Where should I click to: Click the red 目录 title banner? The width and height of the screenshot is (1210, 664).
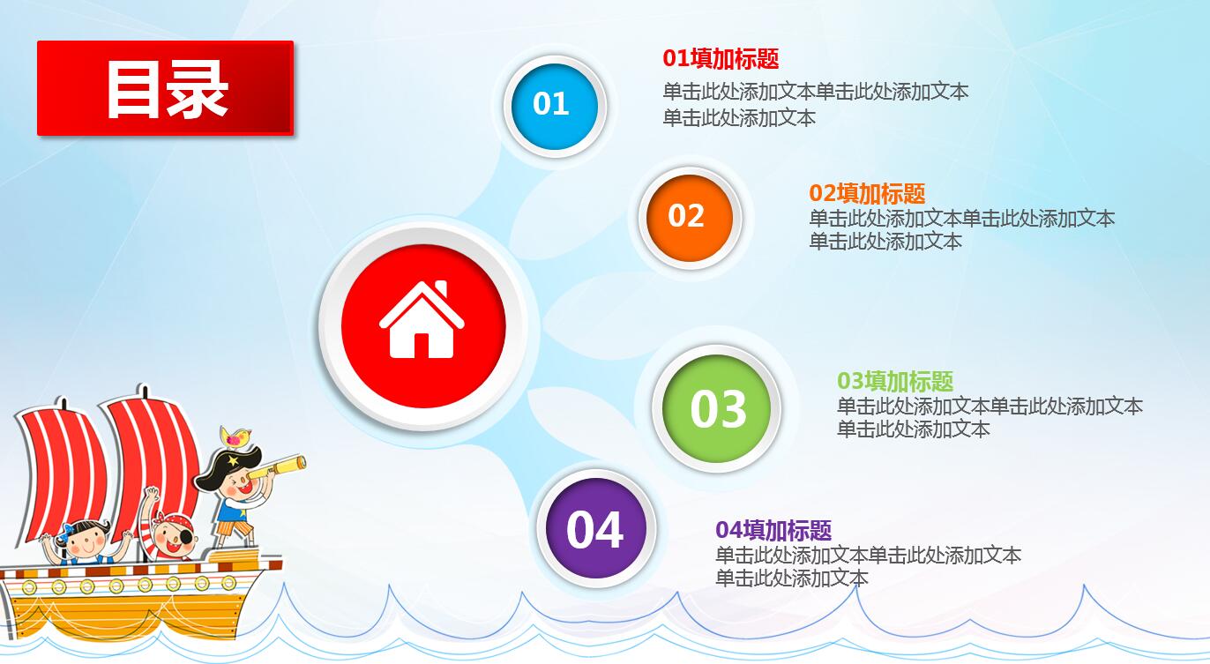(165, 88)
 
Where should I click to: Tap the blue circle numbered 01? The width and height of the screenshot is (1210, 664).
(551, 104)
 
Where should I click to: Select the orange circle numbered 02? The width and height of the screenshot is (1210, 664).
(687, 216)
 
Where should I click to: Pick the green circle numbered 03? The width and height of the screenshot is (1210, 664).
(717, 408)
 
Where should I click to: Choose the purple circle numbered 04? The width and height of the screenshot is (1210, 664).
(595, 529)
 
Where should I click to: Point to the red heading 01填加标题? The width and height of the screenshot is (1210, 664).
(721, 59)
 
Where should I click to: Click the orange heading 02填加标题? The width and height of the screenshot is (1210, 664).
(867, 193)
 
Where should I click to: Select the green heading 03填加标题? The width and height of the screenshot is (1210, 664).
(895, 381)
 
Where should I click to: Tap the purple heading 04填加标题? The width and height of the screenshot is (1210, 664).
(773, 530)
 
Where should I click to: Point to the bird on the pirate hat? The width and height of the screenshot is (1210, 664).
(236, 436)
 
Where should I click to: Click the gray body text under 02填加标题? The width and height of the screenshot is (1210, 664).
(961, 229)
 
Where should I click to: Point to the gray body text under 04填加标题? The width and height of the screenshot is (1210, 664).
(868, 566)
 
